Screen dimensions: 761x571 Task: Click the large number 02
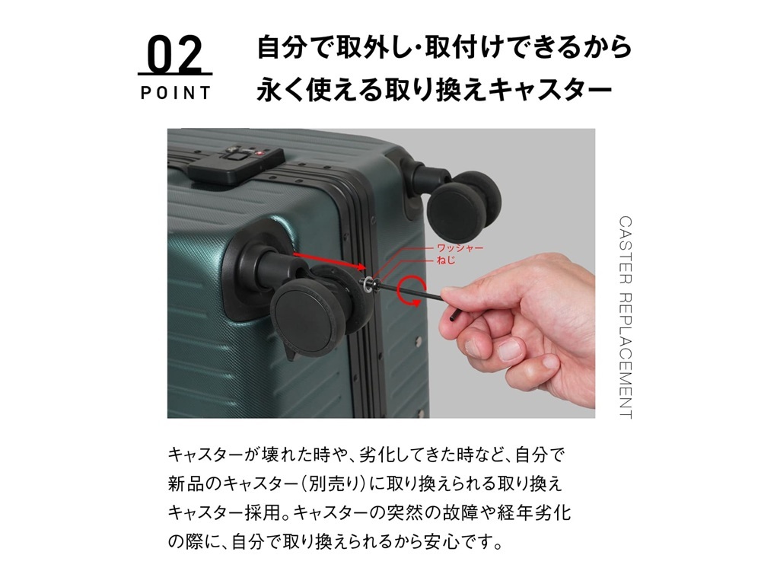pos(175,54)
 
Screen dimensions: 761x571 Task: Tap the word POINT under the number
pos(176,93)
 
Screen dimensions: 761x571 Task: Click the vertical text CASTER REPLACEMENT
pos(626,317)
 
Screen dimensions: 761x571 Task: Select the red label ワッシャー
pos(460,248)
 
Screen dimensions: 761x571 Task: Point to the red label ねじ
pos(445,260)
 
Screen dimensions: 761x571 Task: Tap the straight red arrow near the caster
pos(329,260)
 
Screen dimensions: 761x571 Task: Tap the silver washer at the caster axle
pos(368,284)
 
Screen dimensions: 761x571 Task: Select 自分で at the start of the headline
pos(293,46)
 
